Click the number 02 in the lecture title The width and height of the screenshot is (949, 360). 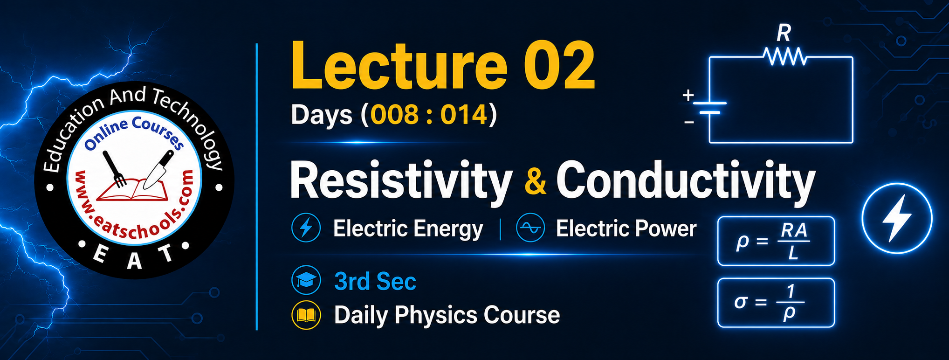pos(559,66)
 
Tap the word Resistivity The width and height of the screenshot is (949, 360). pos(401,181)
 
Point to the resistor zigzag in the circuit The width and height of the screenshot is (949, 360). pos(785,57)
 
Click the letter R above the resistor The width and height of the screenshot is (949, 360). pos(784,33)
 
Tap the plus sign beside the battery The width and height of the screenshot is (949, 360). pos(688,96)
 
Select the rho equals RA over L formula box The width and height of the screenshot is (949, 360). pos(776,241)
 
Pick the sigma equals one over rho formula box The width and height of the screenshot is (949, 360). pos(776,303)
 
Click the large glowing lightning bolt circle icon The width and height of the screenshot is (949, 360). pos(897,218)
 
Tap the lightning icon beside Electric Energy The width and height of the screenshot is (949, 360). pos(306,228)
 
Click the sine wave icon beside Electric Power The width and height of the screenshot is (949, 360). pos(530,228)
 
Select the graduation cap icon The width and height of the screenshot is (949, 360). pos(306,280)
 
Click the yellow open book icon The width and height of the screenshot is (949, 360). pos(306,315)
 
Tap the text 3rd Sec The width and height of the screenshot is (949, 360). pos(375,281)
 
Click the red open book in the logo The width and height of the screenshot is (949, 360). pos(132,190)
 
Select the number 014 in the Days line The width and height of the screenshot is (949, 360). pos(464,115)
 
